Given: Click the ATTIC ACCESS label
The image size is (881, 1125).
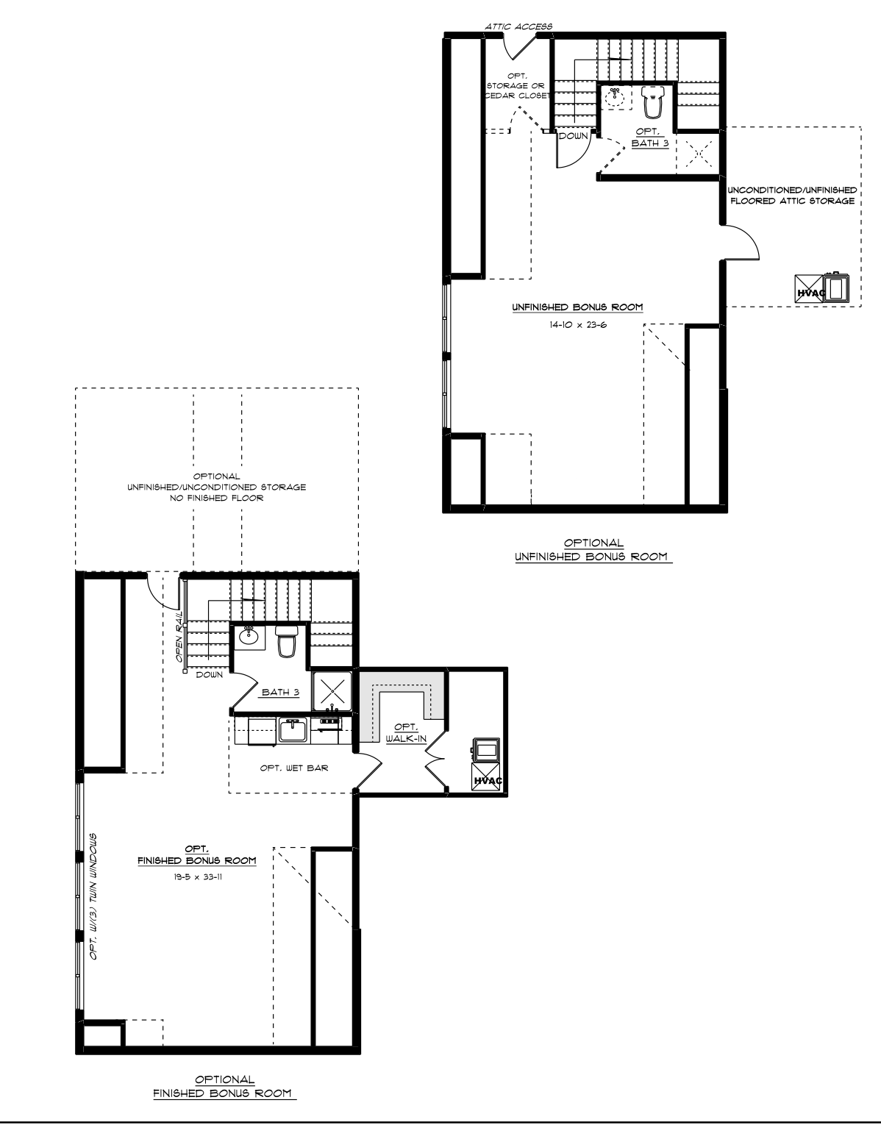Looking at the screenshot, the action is pyautogui.click(x=518, y=26).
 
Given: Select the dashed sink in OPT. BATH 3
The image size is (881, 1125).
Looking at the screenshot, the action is pyautogui.click(x=616, y=97).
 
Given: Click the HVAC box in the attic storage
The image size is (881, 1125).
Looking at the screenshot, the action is pyautogui.click(x=810, y=289).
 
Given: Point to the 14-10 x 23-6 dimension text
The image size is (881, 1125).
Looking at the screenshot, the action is pyautogui.click(x=578, y=325).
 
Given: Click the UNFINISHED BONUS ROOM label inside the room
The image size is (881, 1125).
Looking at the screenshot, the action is pyautogui.click(x=578, y=307).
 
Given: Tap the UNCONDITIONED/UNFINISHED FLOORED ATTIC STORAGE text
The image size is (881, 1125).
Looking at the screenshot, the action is pyautogui.click(x=793, y=196).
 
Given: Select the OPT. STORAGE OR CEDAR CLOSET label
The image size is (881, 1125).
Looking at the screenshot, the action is pyautogui.click(x=516, y=85).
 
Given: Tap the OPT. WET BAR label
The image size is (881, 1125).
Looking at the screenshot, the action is pyautogui.click(x=294, y=768).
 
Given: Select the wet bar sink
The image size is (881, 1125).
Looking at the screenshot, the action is pyautogui.click(x=293, y=730).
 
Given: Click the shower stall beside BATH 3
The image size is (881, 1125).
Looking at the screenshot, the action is pyautogui.click(x=332, y=691).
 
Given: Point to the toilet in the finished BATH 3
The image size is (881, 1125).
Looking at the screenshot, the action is pyautogui.click(x=286, y=641).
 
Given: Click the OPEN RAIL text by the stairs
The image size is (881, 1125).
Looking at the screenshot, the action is pyautogui.click(x=179, y=637).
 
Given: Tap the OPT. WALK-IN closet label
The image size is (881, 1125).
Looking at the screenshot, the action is pyautogui.click(x=407, y=732).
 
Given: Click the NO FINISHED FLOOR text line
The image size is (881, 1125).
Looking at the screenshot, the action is pyautogui.click(x=217, y=498).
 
